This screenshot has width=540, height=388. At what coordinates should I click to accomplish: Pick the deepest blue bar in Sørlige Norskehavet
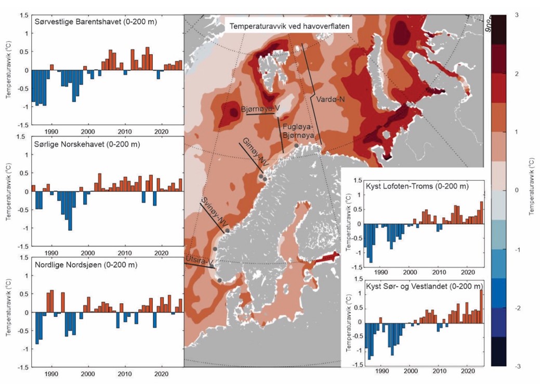[x=70, y=211]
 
